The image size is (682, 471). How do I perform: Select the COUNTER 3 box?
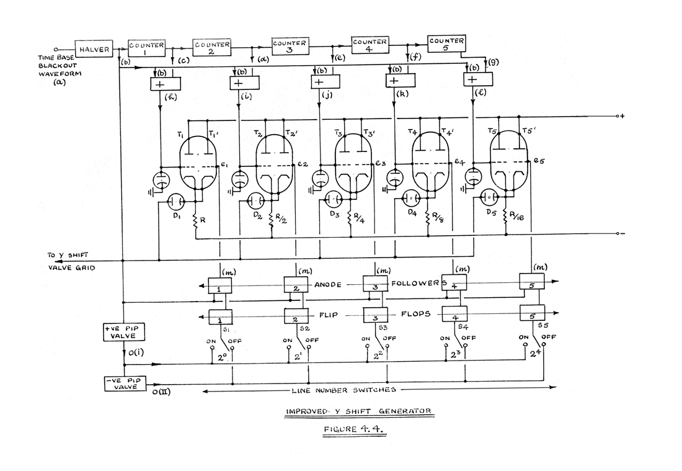click(x=290, y=47)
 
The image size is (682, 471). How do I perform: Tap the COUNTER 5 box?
click(x=446, y=44)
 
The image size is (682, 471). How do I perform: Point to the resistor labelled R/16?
click(x=506, y=221)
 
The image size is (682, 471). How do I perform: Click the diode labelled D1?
click(x=176, y=203)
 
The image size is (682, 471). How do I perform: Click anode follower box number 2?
click(x=296, y=285)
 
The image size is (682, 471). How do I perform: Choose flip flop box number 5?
click(x=531, y=312)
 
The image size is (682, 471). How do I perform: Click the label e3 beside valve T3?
click(x=381, y=164)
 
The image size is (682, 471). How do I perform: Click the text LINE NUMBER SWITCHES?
click(x=344, y=390)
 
